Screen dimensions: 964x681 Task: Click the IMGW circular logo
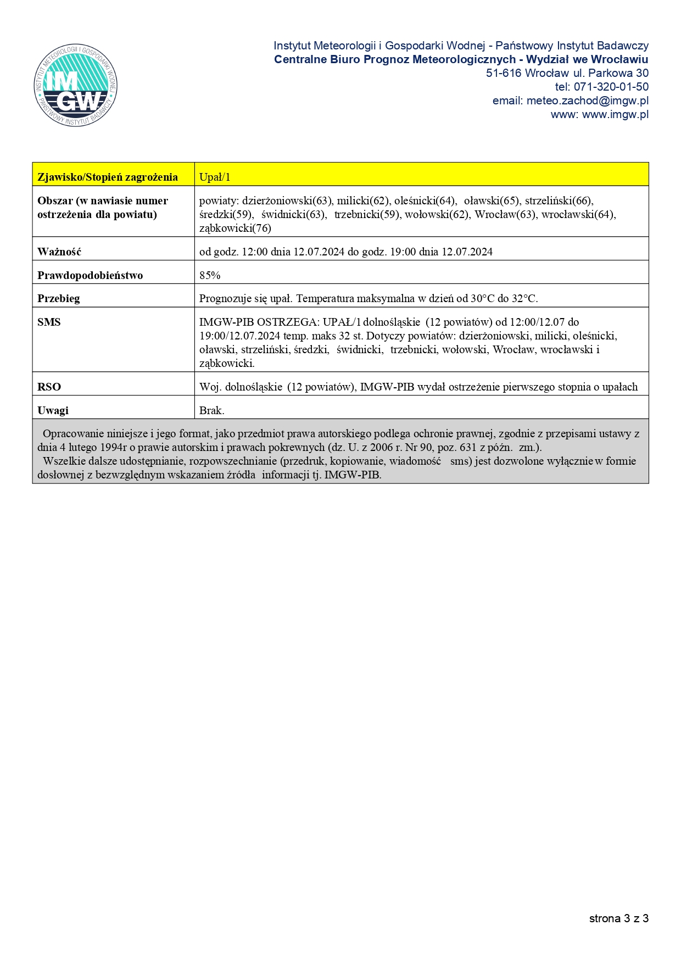(75, 85)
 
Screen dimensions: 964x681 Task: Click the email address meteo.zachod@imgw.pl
(587, 101)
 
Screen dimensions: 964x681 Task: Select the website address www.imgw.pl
(615, 114)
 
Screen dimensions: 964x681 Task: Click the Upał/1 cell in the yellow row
(215, 177)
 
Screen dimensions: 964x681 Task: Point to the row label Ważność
(59, 252)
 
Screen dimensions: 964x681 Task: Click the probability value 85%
(210, 275)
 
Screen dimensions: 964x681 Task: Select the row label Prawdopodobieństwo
(90, 275)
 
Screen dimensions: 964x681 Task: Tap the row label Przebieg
(59, 299)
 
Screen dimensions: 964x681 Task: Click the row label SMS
(49, 322)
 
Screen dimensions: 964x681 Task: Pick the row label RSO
(49, 387)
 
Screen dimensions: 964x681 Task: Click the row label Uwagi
(53, 410)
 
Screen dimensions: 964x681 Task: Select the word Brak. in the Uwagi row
(211, 410)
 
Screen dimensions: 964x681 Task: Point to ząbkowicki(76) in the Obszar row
(235, 228)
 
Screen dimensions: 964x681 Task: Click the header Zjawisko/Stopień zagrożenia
(108, 177)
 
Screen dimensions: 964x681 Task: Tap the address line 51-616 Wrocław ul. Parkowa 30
(567, 73)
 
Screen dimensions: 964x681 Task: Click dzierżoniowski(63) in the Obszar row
(287, 200)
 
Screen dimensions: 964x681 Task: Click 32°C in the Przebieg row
(524, 299)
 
